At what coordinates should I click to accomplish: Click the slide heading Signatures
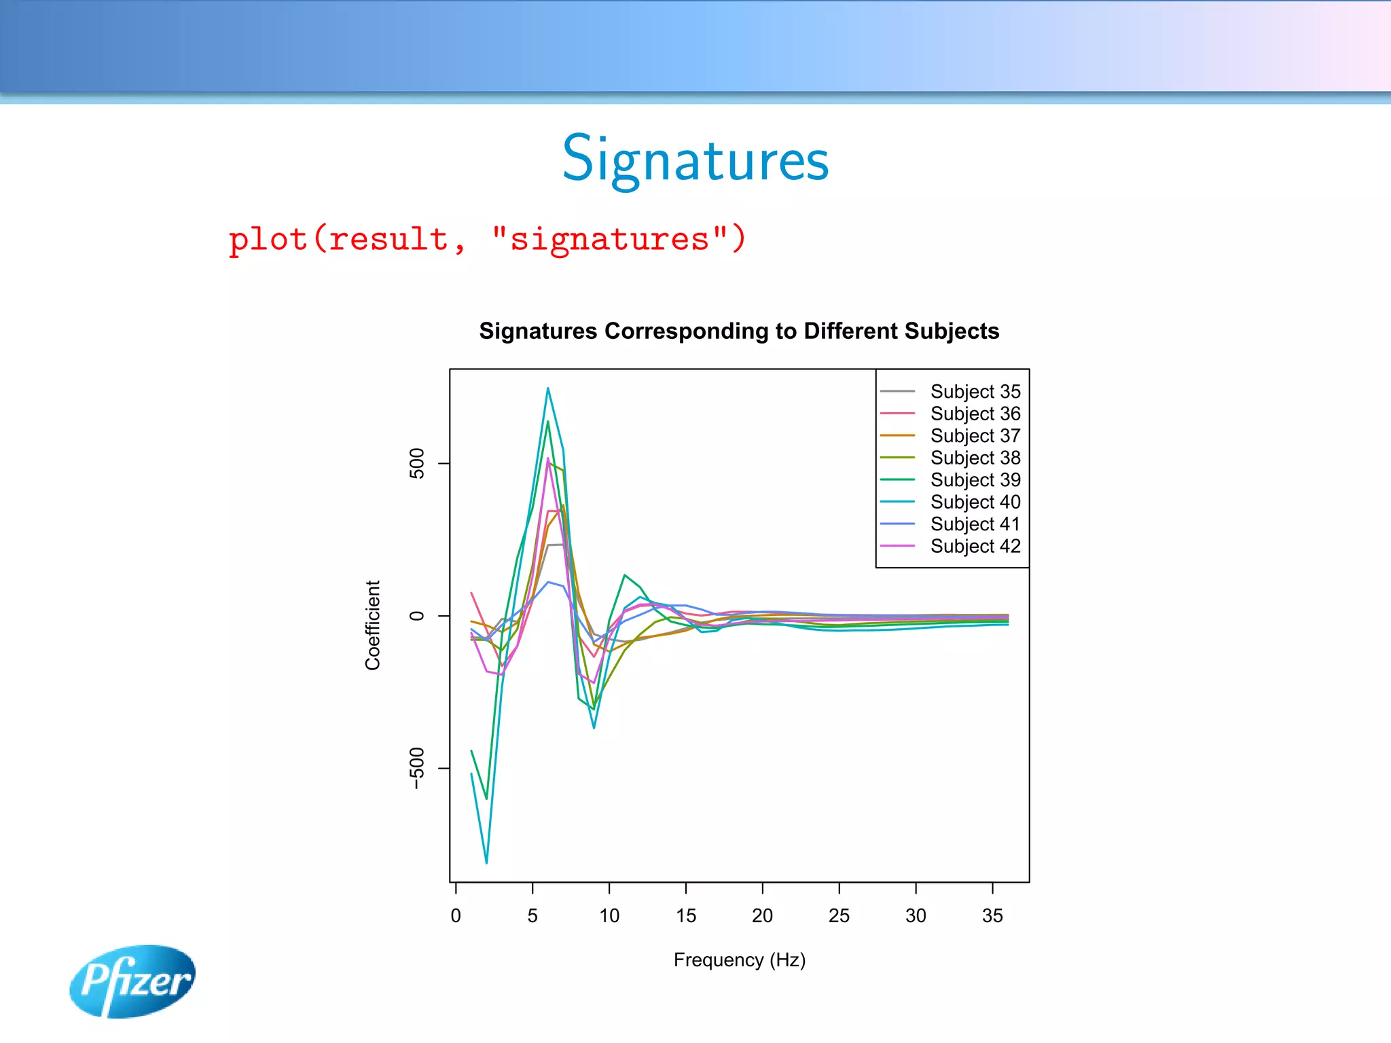695,160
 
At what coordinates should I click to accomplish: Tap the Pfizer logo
132,981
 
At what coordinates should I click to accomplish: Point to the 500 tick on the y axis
417,463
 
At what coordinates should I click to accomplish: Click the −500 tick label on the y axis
417,768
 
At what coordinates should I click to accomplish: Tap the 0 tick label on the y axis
417,615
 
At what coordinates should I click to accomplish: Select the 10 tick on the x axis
609,915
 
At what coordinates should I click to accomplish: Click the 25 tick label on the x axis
839,915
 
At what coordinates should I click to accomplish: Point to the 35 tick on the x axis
992,915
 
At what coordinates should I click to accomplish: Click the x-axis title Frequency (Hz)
739,959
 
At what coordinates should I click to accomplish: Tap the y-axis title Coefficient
372,625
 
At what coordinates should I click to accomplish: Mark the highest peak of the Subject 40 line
547,388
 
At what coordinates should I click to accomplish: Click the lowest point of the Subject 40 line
486,862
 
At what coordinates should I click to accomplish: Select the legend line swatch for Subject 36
897,414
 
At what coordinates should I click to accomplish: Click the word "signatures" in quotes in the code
609,239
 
